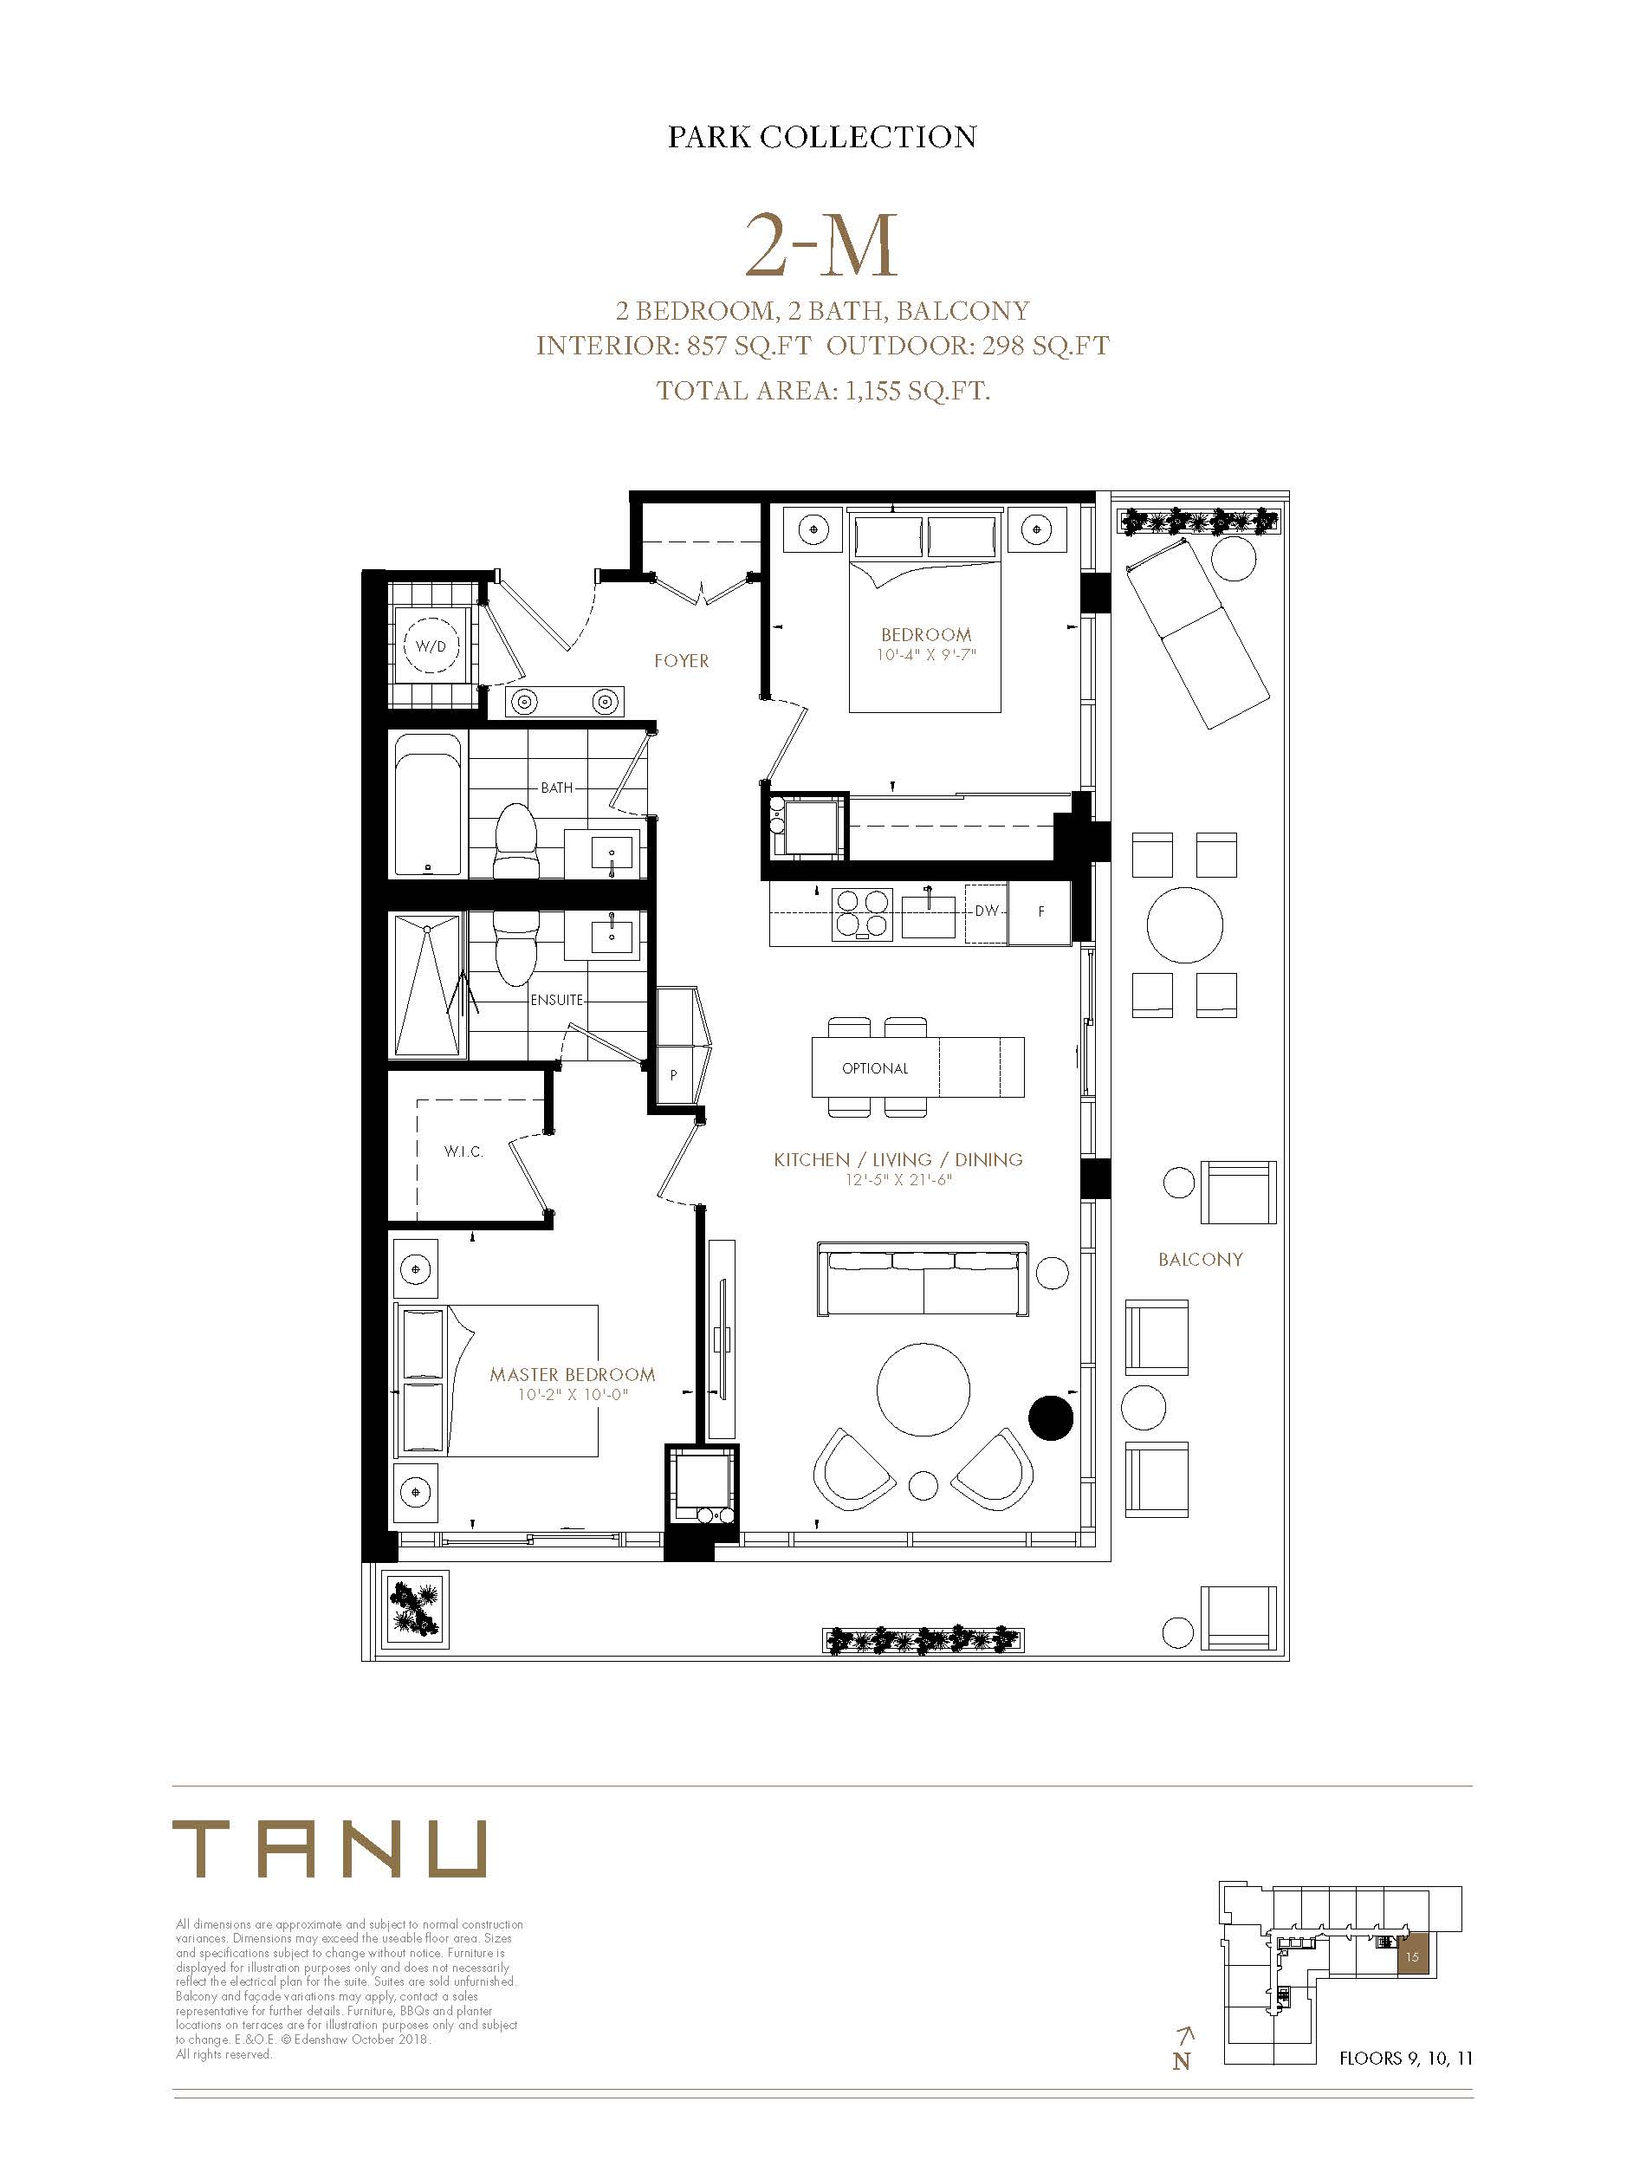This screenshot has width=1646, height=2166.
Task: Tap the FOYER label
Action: (681, 661)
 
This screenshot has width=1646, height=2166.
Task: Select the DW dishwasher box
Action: (987, 912)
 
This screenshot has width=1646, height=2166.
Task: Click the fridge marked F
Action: (1040, 912)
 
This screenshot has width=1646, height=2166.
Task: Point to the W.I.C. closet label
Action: (463, 1152)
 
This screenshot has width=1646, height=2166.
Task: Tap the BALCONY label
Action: (1200, 1260)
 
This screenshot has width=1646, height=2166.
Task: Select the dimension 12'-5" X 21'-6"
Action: (899, 1181)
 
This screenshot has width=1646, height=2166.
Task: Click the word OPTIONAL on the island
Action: (875, 1069)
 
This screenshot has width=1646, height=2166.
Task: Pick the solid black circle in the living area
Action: (1050, 1417)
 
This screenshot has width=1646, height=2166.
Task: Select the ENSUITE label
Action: (556, 1000)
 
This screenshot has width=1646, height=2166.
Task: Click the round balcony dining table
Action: (1184, 926)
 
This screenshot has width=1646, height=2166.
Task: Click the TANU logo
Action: (329, 1849)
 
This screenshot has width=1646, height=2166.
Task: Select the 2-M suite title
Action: (821, 247)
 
